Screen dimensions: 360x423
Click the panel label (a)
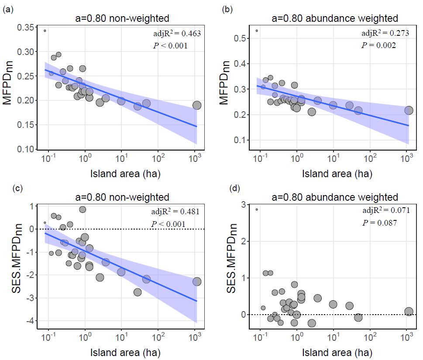[7, 8]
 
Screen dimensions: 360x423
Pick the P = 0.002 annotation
[378, 45]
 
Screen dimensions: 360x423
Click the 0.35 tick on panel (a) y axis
[26, 27]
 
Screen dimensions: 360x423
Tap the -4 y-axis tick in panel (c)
[29, 321]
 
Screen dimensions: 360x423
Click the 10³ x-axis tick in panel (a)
[194, 160]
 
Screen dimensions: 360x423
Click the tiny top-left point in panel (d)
[257, 209]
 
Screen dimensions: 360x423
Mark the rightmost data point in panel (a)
[196, 105]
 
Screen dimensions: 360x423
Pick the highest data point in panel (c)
[83, 209]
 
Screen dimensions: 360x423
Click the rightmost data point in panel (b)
[409, 110]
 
